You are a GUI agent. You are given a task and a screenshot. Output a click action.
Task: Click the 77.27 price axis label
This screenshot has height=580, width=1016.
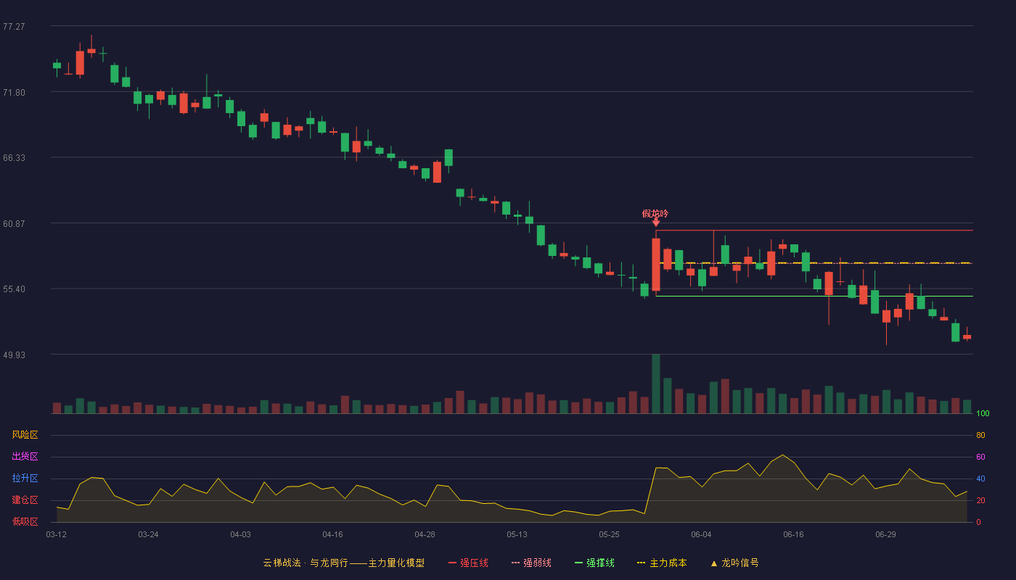(x=14, y=27)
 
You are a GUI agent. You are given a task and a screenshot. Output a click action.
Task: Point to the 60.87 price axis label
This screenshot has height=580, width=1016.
(x=14, y=224)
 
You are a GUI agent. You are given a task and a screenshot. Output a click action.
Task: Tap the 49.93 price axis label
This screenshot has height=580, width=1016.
(x=14, y=355)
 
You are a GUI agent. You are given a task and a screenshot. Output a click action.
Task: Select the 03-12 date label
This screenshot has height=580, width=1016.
(x=57, y=535)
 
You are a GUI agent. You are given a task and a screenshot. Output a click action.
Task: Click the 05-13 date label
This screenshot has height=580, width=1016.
(x=517, y=535)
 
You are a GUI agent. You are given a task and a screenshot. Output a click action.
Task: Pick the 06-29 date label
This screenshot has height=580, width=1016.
(x=886, y=535)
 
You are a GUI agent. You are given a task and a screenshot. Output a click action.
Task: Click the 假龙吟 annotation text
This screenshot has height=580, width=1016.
(x=655, y=213)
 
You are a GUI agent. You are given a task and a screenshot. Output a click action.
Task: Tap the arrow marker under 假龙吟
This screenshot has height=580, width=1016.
(x=656, y=223)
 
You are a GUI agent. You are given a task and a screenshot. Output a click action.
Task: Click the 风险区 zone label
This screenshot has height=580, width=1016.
(x=25, y=435)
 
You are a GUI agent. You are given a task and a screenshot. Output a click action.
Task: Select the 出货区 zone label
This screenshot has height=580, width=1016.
(x=25, y=456)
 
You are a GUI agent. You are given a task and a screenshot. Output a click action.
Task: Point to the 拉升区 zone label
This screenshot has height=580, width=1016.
(x=25, y=478)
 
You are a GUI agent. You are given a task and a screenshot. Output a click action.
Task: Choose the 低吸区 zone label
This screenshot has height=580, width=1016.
(x=25, y=521)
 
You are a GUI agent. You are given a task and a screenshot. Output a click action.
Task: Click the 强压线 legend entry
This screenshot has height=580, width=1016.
(x=469, y=563)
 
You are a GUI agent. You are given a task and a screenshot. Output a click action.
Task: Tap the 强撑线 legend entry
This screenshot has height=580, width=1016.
(x=594, y=563)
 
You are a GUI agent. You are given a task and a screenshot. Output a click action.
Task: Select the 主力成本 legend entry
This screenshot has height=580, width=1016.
(x=662, y=563)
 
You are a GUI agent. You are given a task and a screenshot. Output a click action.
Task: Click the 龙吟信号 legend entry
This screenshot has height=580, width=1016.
(x=734, y=563)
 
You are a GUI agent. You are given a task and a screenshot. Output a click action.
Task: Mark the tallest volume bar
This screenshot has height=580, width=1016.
(x=656, y=384)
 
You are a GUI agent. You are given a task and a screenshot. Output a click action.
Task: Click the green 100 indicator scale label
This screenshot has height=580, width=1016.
(x=983, y=413)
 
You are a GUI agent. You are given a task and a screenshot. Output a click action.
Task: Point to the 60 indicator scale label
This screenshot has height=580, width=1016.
(x=980, y=457)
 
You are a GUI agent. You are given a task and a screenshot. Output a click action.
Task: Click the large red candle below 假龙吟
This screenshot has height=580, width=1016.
(x=656, y=264)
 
